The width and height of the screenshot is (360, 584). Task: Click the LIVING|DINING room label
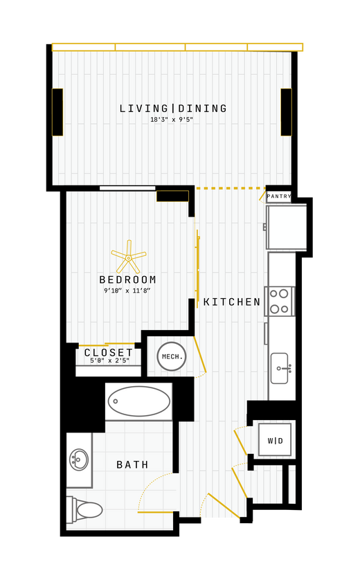pos(173,109)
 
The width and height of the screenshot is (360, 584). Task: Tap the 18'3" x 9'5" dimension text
pos(172,120)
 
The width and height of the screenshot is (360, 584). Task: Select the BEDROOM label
pos(128,280)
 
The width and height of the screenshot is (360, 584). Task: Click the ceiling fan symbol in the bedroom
pos(129,257)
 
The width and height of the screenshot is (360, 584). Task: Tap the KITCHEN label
pos(232,302)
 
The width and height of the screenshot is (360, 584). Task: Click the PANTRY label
pos(279,197)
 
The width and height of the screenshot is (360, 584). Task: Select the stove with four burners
pos(280,301)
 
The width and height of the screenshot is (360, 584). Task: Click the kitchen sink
pos(279,367)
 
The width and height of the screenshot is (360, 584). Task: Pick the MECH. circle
pos(172,357)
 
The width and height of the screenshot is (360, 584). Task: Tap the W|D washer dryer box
pos(275,440)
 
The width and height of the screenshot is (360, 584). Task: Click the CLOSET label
pos(109,353)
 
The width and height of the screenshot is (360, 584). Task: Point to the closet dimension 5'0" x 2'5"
pos(109,361)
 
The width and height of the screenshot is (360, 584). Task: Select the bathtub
pos(139,401)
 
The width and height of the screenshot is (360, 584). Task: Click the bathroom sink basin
pos(79,459)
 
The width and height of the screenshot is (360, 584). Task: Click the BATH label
pos(132,465)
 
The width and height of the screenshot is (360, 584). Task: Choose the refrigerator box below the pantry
pos(287,227)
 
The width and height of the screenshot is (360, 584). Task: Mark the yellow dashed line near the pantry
pos(231,188)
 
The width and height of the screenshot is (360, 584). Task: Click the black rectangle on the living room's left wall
pos(57,112)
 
